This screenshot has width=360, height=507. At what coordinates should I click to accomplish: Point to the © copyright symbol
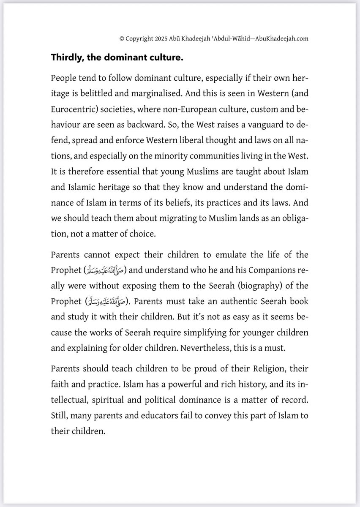click(122, 38)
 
